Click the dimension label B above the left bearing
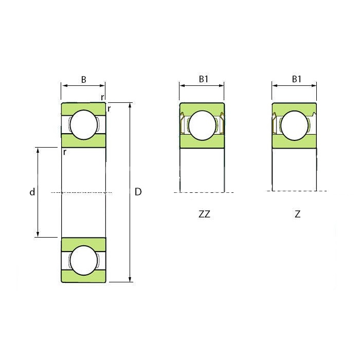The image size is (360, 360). [83, 79]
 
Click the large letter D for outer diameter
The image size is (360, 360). [138, 192]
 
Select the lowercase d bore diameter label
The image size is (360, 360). [32, 192]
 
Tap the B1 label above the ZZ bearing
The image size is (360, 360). [204, 79]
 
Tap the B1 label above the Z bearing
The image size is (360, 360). [296, 79]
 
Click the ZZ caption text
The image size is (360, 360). [204, 214]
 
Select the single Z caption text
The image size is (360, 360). [298, 214]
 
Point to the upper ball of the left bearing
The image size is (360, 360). [84, 124]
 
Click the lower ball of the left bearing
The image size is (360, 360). [84, 260]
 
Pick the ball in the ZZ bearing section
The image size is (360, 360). [203, 125]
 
